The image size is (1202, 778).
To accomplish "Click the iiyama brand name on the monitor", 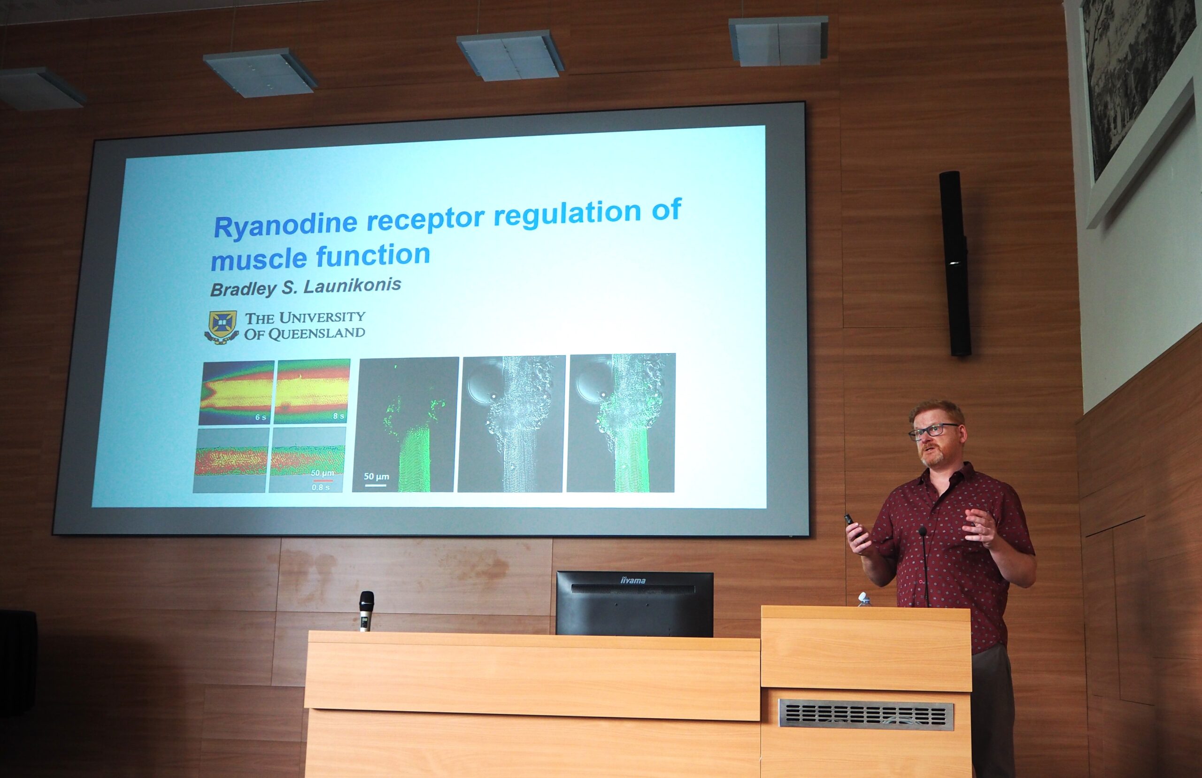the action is click(x=633, y=580).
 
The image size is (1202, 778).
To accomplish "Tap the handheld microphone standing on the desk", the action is click(x=366, y=611).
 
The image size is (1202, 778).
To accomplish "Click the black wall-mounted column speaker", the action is click(x=955, y=263).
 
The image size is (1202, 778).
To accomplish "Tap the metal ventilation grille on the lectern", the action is click(x=866, y=714).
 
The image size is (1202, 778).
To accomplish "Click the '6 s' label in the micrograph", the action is click(x=261, y=417).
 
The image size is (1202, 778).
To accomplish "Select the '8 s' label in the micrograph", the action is click(x=339, y=416).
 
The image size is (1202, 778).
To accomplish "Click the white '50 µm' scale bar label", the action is click(x=376, y=477).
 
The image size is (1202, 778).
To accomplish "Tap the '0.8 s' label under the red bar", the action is click(x=320, y=487).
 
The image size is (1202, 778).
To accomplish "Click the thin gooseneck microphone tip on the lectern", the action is click(x=922, y=531).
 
